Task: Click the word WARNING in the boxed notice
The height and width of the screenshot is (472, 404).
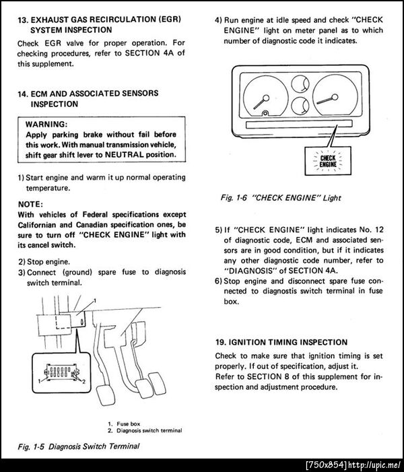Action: (x=46, y=125)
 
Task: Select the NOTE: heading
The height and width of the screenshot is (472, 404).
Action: (x=32, y=203)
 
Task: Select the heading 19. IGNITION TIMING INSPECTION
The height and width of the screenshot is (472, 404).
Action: (x=281, y=342)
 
